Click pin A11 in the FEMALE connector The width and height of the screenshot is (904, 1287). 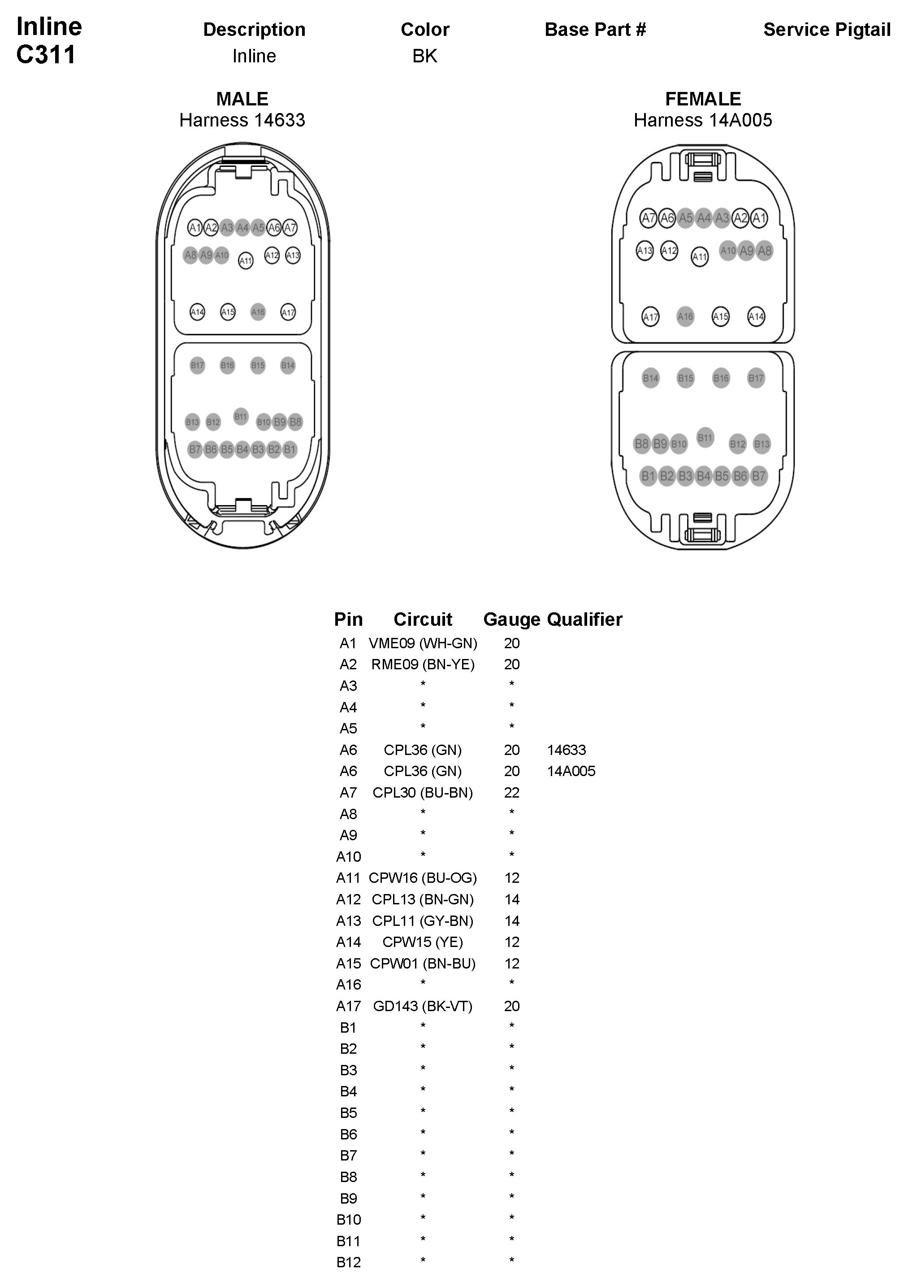[700, 257]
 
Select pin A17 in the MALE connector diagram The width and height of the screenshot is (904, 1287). [288, 312]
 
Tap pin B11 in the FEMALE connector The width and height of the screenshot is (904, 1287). [705, 438]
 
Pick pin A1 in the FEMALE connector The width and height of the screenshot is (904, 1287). [759, 218]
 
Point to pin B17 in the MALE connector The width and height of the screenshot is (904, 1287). [197, 366]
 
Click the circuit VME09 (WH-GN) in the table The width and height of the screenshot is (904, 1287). [423, 643]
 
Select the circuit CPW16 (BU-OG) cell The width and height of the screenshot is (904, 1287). [423, 878]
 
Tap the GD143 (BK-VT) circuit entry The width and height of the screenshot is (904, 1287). [423, 1006]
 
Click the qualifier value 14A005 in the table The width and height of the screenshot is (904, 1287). [571, 771]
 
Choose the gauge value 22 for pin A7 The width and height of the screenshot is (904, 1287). [511, 793]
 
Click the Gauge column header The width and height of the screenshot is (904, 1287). [511, 620]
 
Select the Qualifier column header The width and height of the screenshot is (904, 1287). [584, 620]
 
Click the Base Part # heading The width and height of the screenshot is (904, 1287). [595, 30]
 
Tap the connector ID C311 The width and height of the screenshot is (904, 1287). [46, 55]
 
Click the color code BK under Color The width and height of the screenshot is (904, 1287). [424, 56]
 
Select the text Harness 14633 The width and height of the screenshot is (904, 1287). [242, 120]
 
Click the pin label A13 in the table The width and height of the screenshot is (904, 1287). [348, 921]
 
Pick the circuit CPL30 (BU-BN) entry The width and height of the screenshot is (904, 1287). [423, 793]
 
